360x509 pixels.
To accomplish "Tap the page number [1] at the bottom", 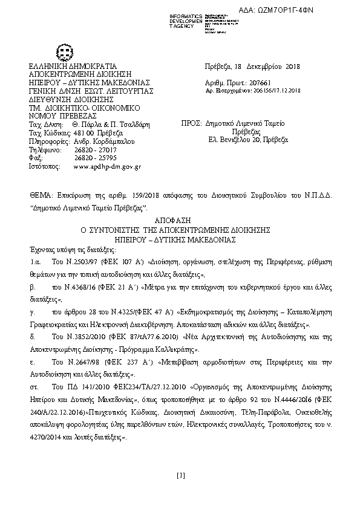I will pyautogui.click(x=180, y=476).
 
